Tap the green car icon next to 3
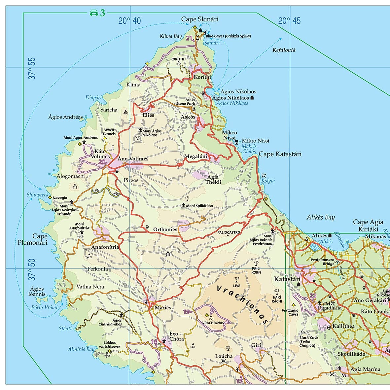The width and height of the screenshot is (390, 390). [x=94, y=13]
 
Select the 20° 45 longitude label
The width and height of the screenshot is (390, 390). [x=289, y=21]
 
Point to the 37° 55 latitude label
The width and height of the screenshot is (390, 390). [x=32, y=68]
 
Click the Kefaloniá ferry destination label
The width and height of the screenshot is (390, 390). [x=284, y=50]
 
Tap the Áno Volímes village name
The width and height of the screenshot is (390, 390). [x=133, y=159]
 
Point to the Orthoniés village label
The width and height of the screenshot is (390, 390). [x=165, y=229]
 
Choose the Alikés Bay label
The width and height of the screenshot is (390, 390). [x=320, y=217]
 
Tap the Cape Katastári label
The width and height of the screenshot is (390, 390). [x=280, y=154]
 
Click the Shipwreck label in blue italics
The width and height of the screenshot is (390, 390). [x=37, y=195]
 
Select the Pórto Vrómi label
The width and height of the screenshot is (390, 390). [x=44, y=307]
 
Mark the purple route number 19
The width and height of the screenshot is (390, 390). [x=187, y=312]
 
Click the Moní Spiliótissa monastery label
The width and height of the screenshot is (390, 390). [x=199, y=206]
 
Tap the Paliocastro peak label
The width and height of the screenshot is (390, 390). [x=229, y=232]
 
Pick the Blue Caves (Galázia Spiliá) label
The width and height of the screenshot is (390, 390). [x=228, y=36]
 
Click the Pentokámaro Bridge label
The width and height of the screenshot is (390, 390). [x=322, y=262]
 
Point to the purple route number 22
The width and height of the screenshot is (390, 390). [x=313, y=296]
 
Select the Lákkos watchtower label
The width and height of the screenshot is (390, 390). [x=110, y=345]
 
